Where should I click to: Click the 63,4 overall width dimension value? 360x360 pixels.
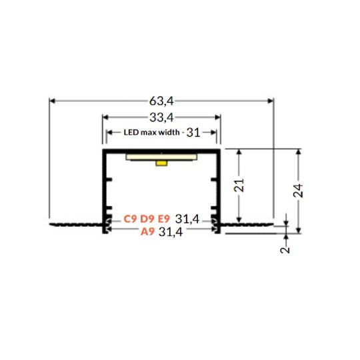(161, 101)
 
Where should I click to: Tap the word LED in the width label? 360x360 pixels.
(131, 133)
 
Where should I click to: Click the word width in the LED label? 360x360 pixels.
(169, 133)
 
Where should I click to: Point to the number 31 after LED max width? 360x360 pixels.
(193, 133)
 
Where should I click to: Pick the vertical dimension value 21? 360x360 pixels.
(240, 185)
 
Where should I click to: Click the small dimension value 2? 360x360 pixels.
(285, 250)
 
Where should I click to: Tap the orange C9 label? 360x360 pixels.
(130, 219)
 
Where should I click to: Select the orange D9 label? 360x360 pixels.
(147, 219)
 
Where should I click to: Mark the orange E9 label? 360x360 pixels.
(163, 219)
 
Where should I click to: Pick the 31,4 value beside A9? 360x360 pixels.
(171, 232)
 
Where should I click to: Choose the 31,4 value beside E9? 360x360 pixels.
(187, 219)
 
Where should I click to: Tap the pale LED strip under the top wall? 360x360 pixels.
(161, 156)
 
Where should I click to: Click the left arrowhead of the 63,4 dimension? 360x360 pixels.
(53, 101)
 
